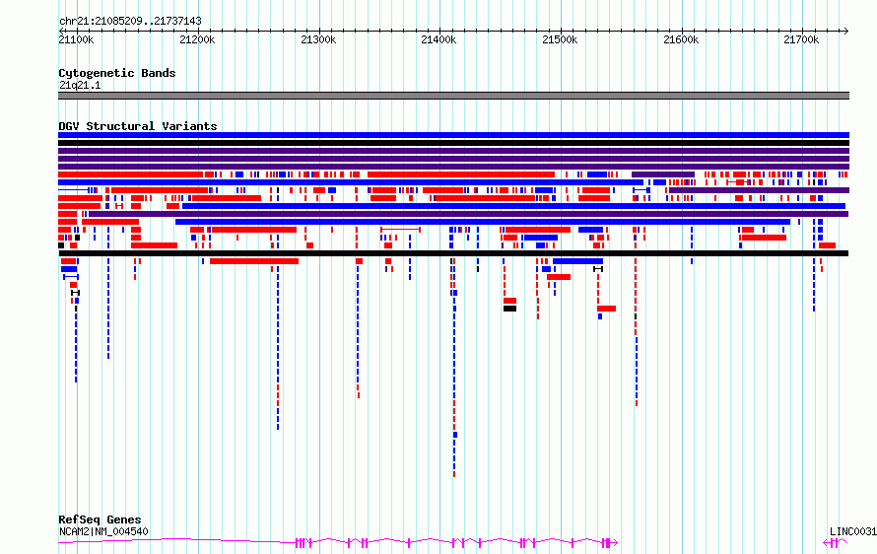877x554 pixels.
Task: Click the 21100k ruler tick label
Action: pyautogui.click(x=76, y=39)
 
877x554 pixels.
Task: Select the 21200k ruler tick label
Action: pyautogui.click(x=197, y=39)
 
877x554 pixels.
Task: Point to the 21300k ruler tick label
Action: pyautogui.click(x=318, y=39)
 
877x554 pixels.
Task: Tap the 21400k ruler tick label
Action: pyautogui.click(x=438, y=39)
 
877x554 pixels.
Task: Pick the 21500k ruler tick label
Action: pyautogui.click(x=560, y=39)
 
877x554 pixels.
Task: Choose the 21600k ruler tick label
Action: pyautogui.click(x=681, y=39)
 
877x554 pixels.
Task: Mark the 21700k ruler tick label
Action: pyautogui.click(x=801, y=39)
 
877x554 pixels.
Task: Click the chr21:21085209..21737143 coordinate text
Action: pyautogui.click(x=130, y=22)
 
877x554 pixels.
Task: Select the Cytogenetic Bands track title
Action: pyautogui.click(x=117, y=73)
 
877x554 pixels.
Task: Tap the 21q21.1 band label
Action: pyautogui.click(x=80, y=85)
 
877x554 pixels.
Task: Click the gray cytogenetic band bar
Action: pyautogui.click(x=453, y=96)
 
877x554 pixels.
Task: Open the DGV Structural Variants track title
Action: pyautogui.click(x=138, y=126)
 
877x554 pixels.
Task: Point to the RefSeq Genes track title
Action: pyautogui.click(x=100, y=519)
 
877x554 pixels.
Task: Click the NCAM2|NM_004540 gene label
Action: pyautogui.click(x=103, y=531)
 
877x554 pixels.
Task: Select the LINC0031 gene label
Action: pyautogui.click(x=853, y=531)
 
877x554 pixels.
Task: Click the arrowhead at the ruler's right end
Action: pyautogui.click(x=846, y=31)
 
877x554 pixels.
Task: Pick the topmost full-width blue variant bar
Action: pyautogui.click(x=453, y=135)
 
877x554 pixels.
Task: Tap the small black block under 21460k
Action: pyautogui.click(x=509, y=309)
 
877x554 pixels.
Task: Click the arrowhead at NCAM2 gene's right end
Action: pyautogui.click(x=615, y=542)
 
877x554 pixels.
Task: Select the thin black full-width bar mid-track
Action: pyautogui.click(x=453, y=253)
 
